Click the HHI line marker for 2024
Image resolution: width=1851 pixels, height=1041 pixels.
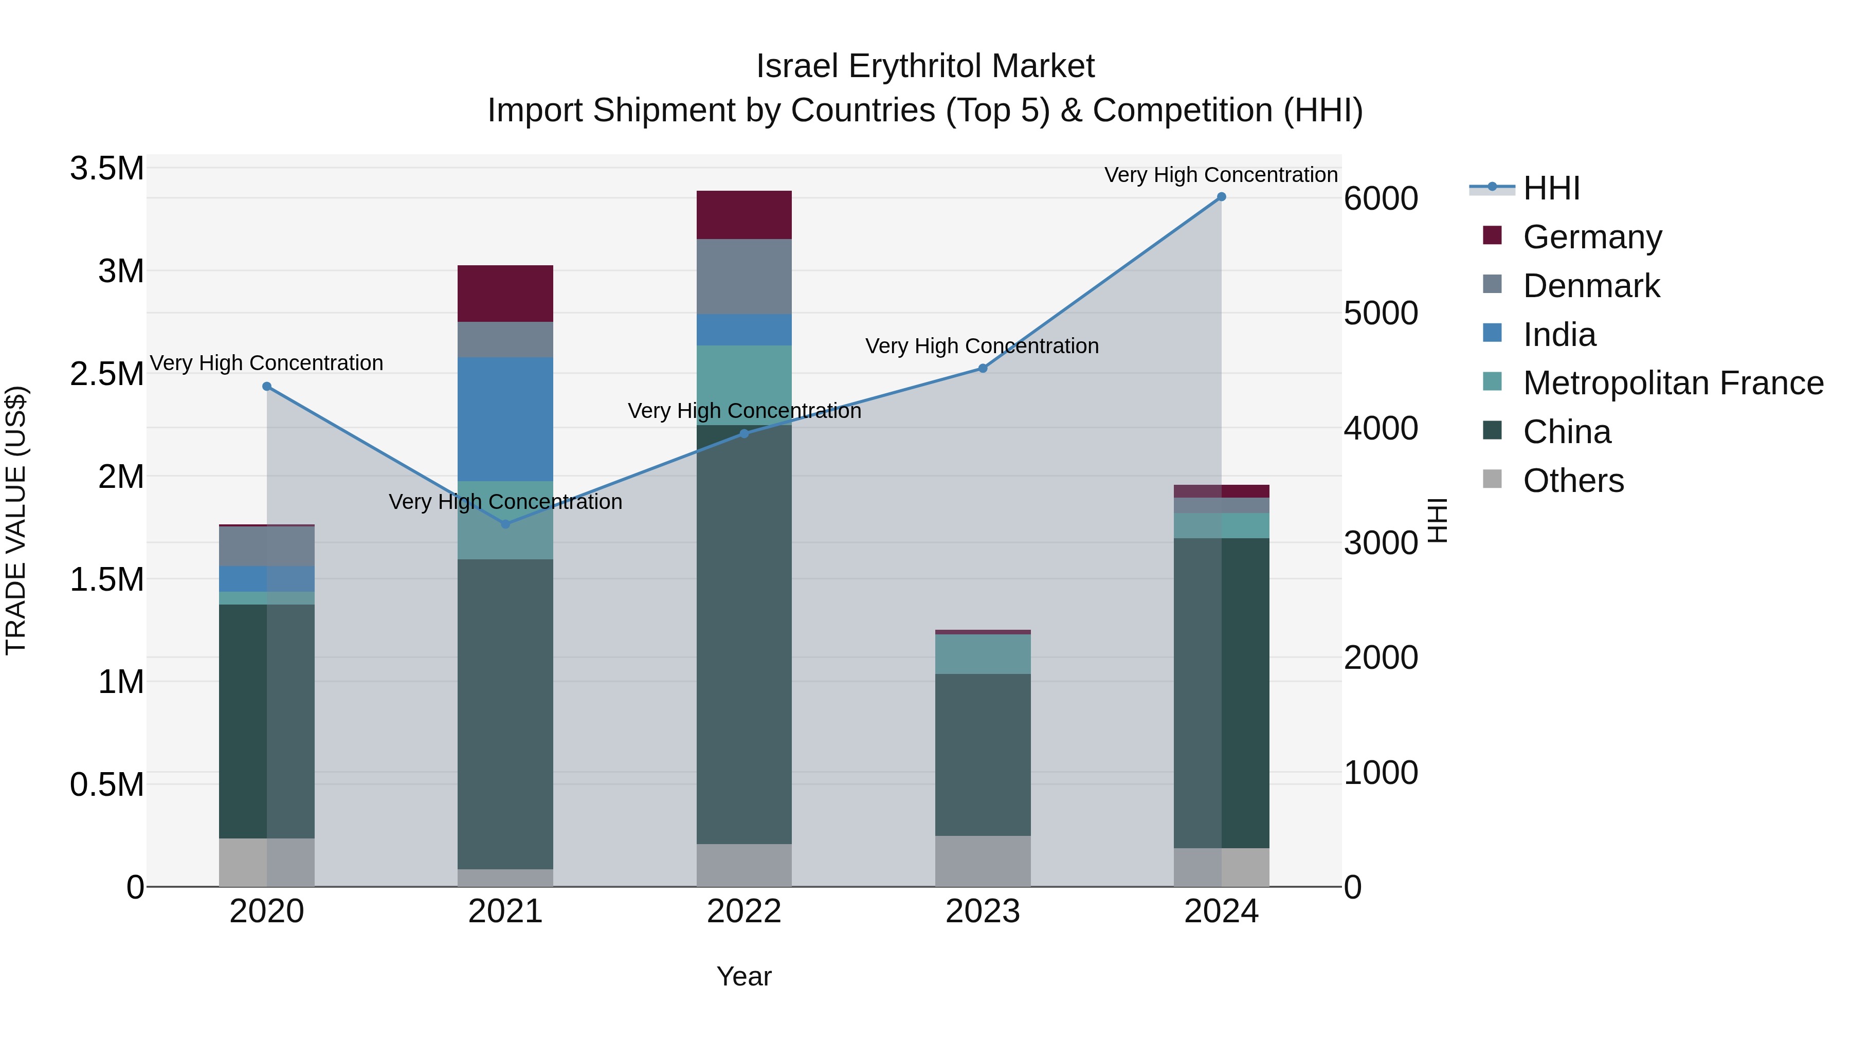[1222, 197]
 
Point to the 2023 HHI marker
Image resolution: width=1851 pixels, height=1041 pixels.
[983, 369]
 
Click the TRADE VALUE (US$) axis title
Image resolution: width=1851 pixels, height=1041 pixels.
[16, 520]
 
